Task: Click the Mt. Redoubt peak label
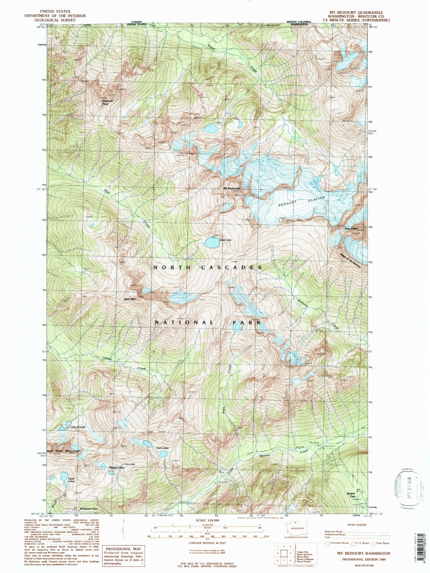click(232, 188)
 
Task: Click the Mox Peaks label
click(351, 229)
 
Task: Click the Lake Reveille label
click(78, 427)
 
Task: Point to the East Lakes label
click(162, 448)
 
